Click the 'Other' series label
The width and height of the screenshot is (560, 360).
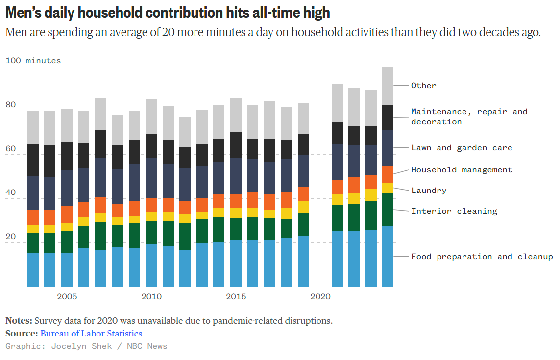click(x=423, y=86)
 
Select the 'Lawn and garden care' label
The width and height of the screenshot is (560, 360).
click(x=462, y=148)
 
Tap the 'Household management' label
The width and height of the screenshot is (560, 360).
click(x=462, y=170)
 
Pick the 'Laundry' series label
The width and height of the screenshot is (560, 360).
click(x=429, y=191)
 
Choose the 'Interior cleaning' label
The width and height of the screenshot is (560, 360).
click(x=454, y=211)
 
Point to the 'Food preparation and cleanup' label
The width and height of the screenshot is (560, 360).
click(x=482, y=257)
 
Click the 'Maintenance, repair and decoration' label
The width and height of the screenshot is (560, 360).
click(x=469, y=117)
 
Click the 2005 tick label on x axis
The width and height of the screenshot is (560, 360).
click(x=67, y=297)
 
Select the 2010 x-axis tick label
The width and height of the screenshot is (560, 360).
click(x=151, y=297)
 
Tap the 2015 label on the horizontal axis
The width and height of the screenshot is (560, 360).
click(x=236, y=297)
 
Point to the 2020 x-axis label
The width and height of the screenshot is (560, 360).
click(x=320, y=297)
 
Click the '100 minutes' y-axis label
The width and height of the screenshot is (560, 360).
click(x=33, y=61)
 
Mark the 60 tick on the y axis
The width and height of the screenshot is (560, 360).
click(x=10, y=149)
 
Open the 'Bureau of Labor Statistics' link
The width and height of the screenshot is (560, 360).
click(x=91, y=334)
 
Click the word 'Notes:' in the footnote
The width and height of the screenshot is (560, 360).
click(x=19, y=321)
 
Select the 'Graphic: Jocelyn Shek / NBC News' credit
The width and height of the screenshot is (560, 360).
click(x=86, y=346)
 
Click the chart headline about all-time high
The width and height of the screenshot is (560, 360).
click(x=168, y=12)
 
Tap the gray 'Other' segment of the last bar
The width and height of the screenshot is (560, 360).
click(x=388, y=86)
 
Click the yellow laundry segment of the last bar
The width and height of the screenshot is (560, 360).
click(x=388, y=188)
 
